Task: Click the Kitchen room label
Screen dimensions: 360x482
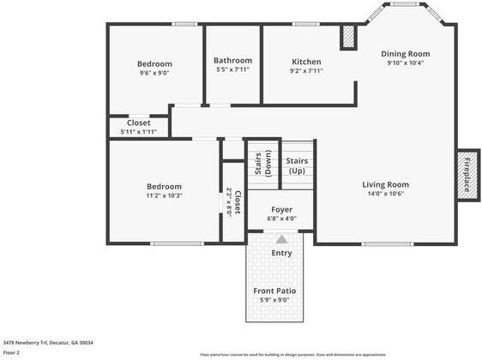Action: [x=306, y=62]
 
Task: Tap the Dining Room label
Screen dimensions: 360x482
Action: [x=406, y=54]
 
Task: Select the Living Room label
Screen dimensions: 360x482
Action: [x=384, y=184]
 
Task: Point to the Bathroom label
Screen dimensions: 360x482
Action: [x=232, y=61]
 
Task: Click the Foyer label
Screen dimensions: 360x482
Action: [x=281, y=209]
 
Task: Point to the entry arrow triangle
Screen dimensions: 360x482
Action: [x=281, y=239]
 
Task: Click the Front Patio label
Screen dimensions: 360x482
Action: [x=274, y=291]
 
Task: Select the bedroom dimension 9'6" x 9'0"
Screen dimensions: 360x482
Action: [x=154, y=74]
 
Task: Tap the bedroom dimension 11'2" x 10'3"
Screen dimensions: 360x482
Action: [x=163, y=195]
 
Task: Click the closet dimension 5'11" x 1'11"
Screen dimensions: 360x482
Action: [x=138, y=131]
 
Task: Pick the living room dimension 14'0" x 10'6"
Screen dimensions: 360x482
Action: [x=384, y=194]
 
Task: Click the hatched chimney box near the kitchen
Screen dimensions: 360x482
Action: [x=347, y=39]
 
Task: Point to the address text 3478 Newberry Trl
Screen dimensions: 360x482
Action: [x=47, y=342]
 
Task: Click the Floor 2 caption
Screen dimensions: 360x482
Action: [x=12, y=352]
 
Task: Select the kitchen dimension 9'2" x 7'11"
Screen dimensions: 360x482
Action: [x=306, y=71]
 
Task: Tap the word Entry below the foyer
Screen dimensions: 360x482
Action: [x=281, y=253]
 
